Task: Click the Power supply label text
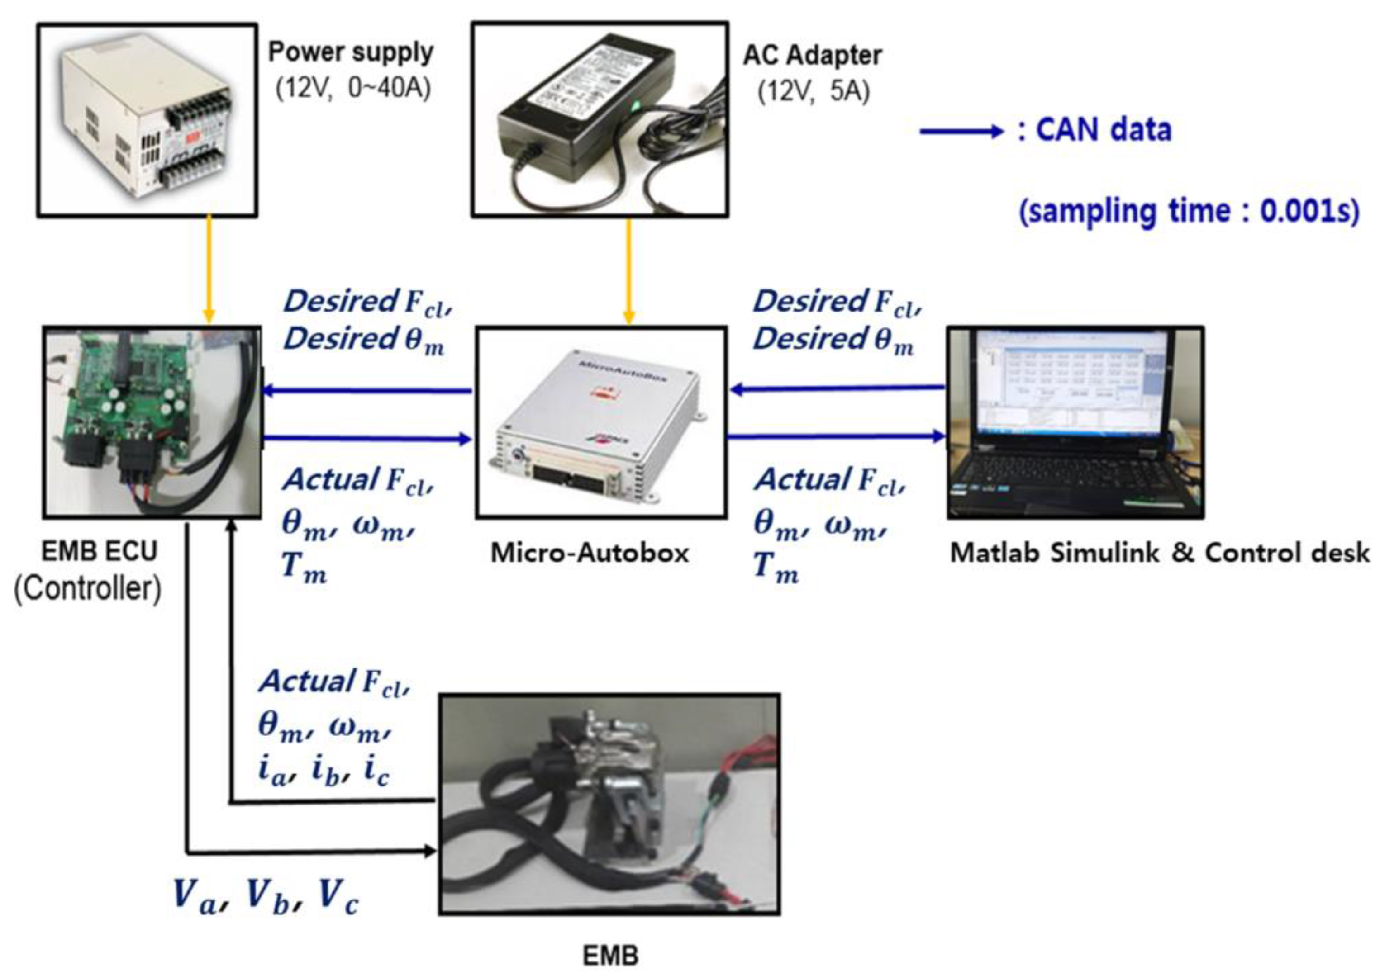[351, 52]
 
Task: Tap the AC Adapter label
[812, 56]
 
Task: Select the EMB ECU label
[99, 551]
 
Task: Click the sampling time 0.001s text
[1189, 211]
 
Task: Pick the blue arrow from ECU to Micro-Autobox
[368, 439]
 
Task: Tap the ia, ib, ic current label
[324, 771]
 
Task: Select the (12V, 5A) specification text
[813, 92]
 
